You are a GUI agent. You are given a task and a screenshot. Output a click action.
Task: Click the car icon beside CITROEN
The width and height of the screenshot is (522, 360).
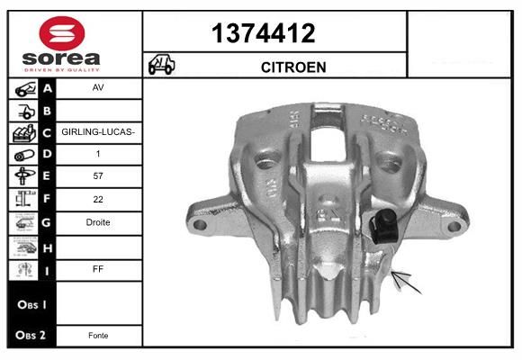click(x=162, y=66)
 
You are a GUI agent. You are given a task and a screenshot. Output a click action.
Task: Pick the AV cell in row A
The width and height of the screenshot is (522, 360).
click(x=97, y=89)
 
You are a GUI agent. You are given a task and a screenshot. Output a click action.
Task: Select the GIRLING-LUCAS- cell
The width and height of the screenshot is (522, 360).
click(x=98, y=132)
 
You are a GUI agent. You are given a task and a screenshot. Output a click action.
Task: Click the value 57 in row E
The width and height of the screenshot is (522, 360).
click(x=97, y=177)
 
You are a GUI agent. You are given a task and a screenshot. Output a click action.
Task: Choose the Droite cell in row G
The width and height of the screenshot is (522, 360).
click(x=97, y=222)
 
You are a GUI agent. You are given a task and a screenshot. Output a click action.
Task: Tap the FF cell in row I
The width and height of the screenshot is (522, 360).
click(x=97, y=267)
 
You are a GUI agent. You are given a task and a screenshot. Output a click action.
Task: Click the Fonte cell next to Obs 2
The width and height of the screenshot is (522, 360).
click(x=97, y=335)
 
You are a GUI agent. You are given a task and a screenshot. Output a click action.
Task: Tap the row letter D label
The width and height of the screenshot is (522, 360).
click(x=48, y=155)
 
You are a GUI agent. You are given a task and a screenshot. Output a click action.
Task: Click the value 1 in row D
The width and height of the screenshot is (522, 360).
click(x=97, y=155)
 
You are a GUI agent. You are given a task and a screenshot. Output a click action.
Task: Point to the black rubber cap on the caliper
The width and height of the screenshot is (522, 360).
click(x=386, y=225)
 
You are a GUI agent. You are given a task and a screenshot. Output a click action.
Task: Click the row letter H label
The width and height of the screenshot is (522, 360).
click(x=48, y=245)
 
